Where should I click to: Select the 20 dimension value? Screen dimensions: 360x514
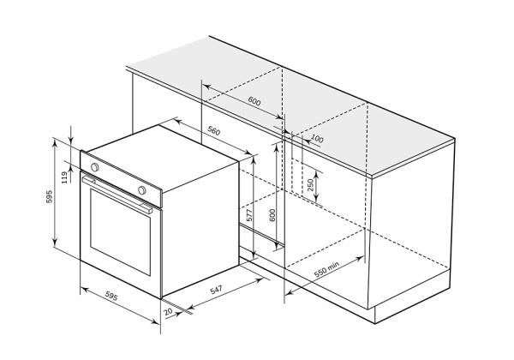click(x=168, y=313)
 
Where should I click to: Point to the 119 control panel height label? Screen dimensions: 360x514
click(x=64, y=177)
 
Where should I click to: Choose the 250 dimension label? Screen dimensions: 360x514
click(x=310, y=183)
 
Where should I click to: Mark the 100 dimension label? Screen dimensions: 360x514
click(x=317, y=139)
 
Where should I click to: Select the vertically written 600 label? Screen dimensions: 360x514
click(x=272, y=215)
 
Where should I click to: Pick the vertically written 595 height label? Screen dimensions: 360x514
click(x=49, y=196)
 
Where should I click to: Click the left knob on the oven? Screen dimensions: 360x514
click(x=94, y=165)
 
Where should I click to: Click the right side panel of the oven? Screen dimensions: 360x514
click(x=199, y=231)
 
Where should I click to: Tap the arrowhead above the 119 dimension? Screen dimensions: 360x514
click(x=71, y=141)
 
